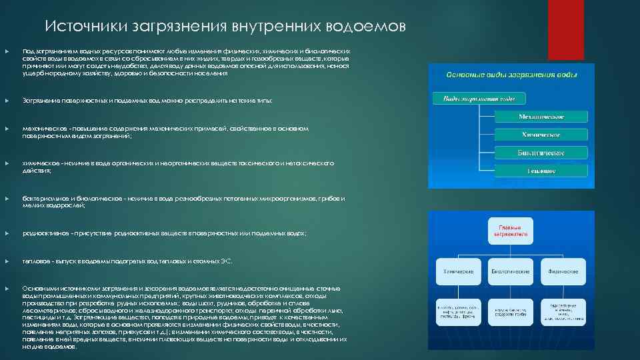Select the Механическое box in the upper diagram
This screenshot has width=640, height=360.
pyautogui.click(x=541, y=117)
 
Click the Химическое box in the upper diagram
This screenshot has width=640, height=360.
pyautogui.click(x=541, y=135)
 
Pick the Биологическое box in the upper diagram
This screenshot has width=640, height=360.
pyautogui.click(x=541, y=153)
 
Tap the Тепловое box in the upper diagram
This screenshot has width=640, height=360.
pyautogui.click(x=541, y=171)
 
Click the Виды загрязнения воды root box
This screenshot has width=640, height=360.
pyautogui.click(x=479, y=99)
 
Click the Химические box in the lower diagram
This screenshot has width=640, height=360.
pyautogui.click(x=459, y=271)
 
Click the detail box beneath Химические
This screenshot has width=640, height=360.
pyautogui.click(x=459, y=311)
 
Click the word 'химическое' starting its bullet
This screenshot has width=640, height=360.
pyautogui.click(x=38, y=163)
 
